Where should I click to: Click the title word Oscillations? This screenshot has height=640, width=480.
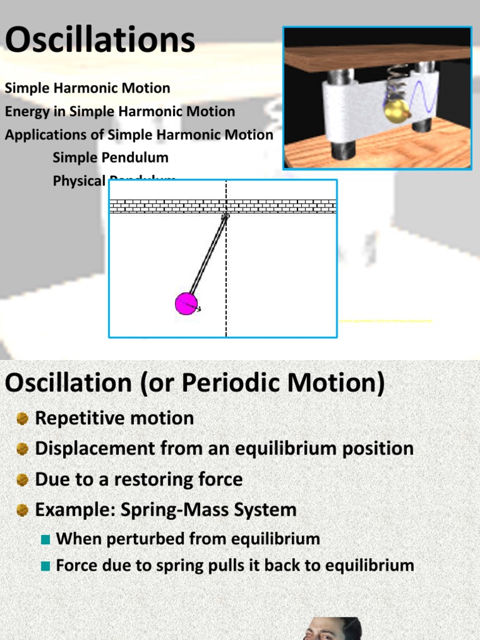pos(100,40)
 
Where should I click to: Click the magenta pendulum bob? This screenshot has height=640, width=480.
pos(186,304)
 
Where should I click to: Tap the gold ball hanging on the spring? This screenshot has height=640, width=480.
pos(396,111)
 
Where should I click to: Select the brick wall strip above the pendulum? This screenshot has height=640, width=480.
pos(223,206)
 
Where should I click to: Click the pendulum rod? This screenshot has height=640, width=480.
pos(207,256)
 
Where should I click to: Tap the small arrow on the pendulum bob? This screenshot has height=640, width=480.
pos(196,307)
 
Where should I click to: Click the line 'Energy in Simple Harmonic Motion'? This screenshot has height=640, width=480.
pos(120,112)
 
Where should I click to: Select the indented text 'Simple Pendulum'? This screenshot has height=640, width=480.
pos(111,157)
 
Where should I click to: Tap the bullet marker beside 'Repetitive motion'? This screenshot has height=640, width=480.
pos(23,419)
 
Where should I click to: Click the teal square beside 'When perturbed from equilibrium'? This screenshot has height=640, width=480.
pos(45,539)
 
